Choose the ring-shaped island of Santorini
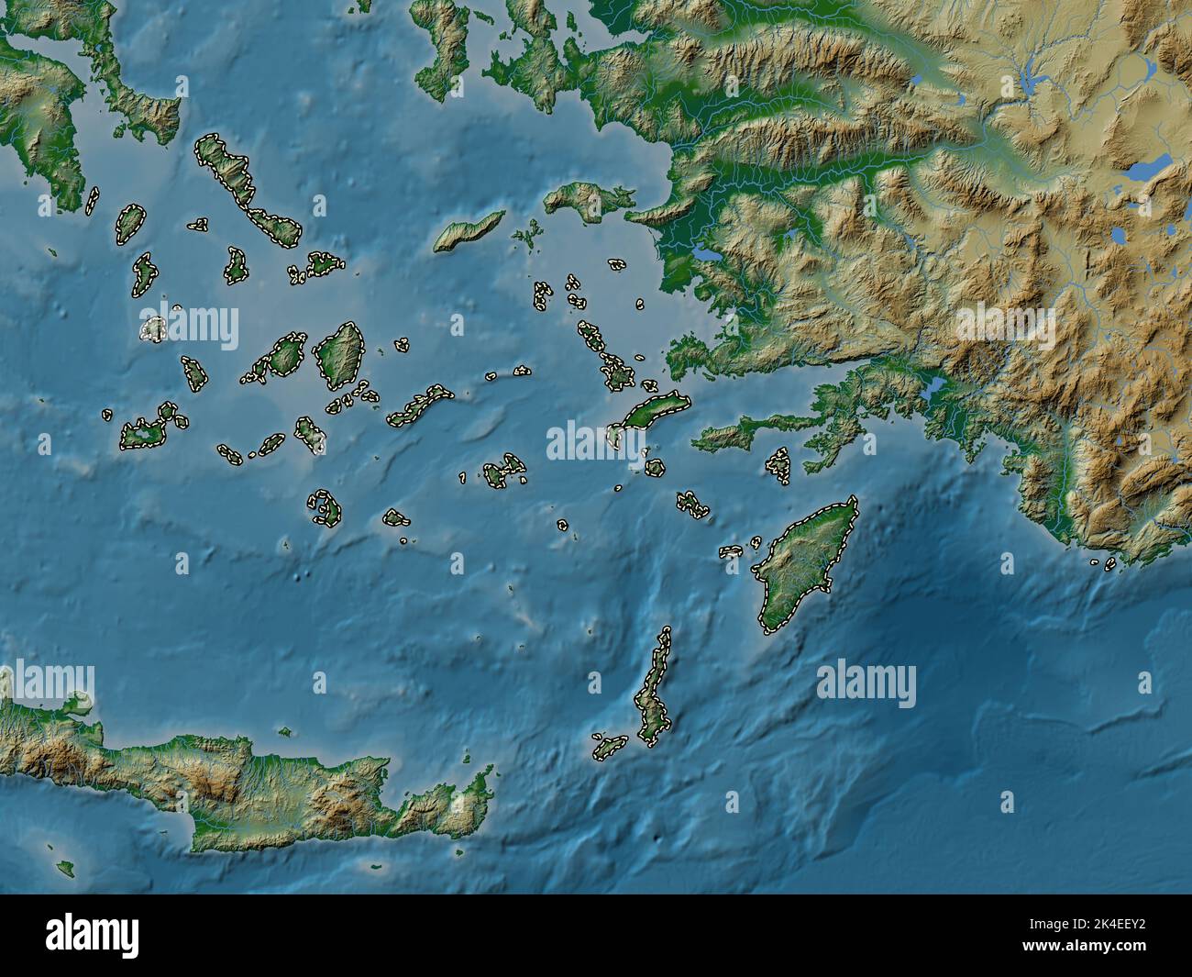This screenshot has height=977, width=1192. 324,507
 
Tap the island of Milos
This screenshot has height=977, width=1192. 142,434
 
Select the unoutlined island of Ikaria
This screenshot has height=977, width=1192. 469,231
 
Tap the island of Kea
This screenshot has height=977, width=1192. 130,224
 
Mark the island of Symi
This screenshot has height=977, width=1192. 778,463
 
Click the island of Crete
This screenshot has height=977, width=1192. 275,789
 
